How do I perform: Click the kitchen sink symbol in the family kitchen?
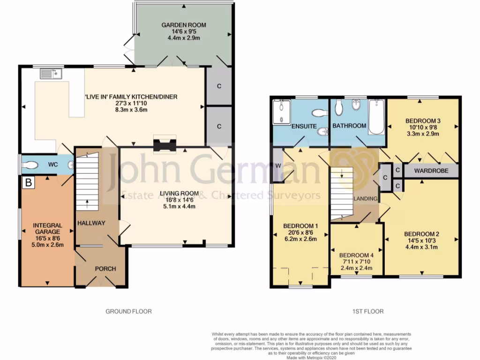(51, 74)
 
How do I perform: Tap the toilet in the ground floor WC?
(31, 165)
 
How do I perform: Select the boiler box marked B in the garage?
(29, 182)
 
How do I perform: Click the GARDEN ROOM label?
(184, 25)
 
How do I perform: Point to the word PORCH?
(105, 269)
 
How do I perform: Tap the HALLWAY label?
(91, 223)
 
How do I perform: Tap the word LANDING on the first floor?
(366, 199)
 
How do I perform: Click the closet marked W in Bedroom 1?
(278, 165)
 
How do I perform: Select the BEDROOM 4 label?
(356, 255)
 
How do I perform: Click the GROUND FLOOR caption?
(128, 311)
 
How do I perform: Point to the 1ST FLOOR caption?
(367, 311)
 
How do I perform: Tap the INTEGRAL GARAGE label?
(47, 229)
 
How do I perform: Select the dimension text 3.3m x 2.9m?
(422, 134)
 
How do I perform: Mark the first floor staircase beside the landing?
(341, 192)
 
